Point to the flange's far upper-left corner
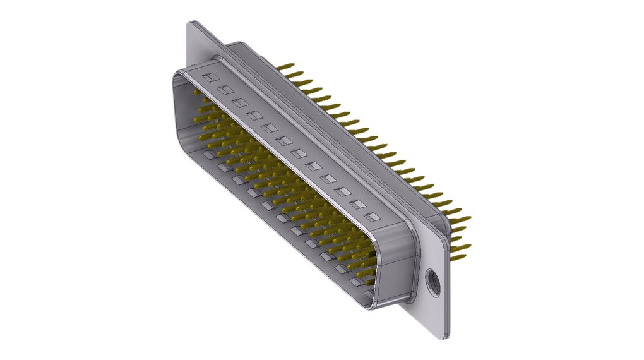click(191, 23)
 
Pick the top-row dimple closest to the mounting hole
click(374, 217)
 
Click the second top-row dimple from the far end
click(224, 89)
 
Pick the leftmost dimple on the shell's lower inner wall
click(208, 155)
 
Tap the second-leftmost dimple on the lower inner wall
click(222, 167)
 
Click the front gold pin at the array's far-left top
click(197, 95)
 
